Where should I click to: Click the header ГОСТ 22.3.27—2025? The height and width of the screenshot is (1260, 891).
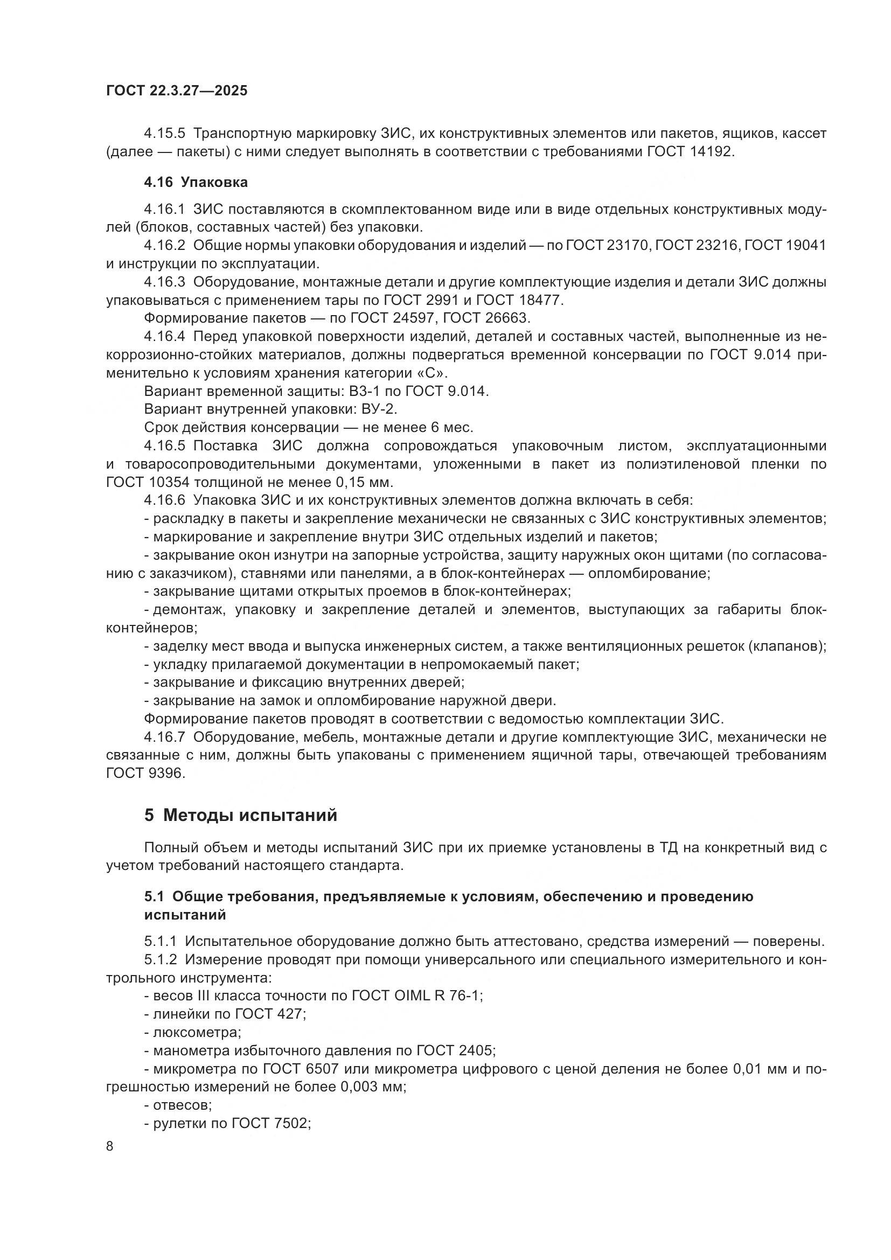176,91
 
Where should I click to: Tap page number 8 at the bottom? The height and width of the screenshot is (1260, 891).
110,1146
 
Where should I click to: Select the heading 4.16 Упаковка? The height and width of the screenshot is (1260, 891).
196,182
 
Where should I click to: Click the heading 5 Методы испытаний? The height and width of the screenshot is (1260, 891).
241,815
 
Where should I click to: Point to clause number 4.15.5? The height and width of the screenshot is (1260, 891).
165,134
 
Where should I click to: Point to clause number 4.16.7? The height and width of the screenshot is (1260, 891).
165,737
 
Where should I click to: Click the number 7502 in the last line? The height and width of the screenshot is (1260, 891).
290,1123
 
